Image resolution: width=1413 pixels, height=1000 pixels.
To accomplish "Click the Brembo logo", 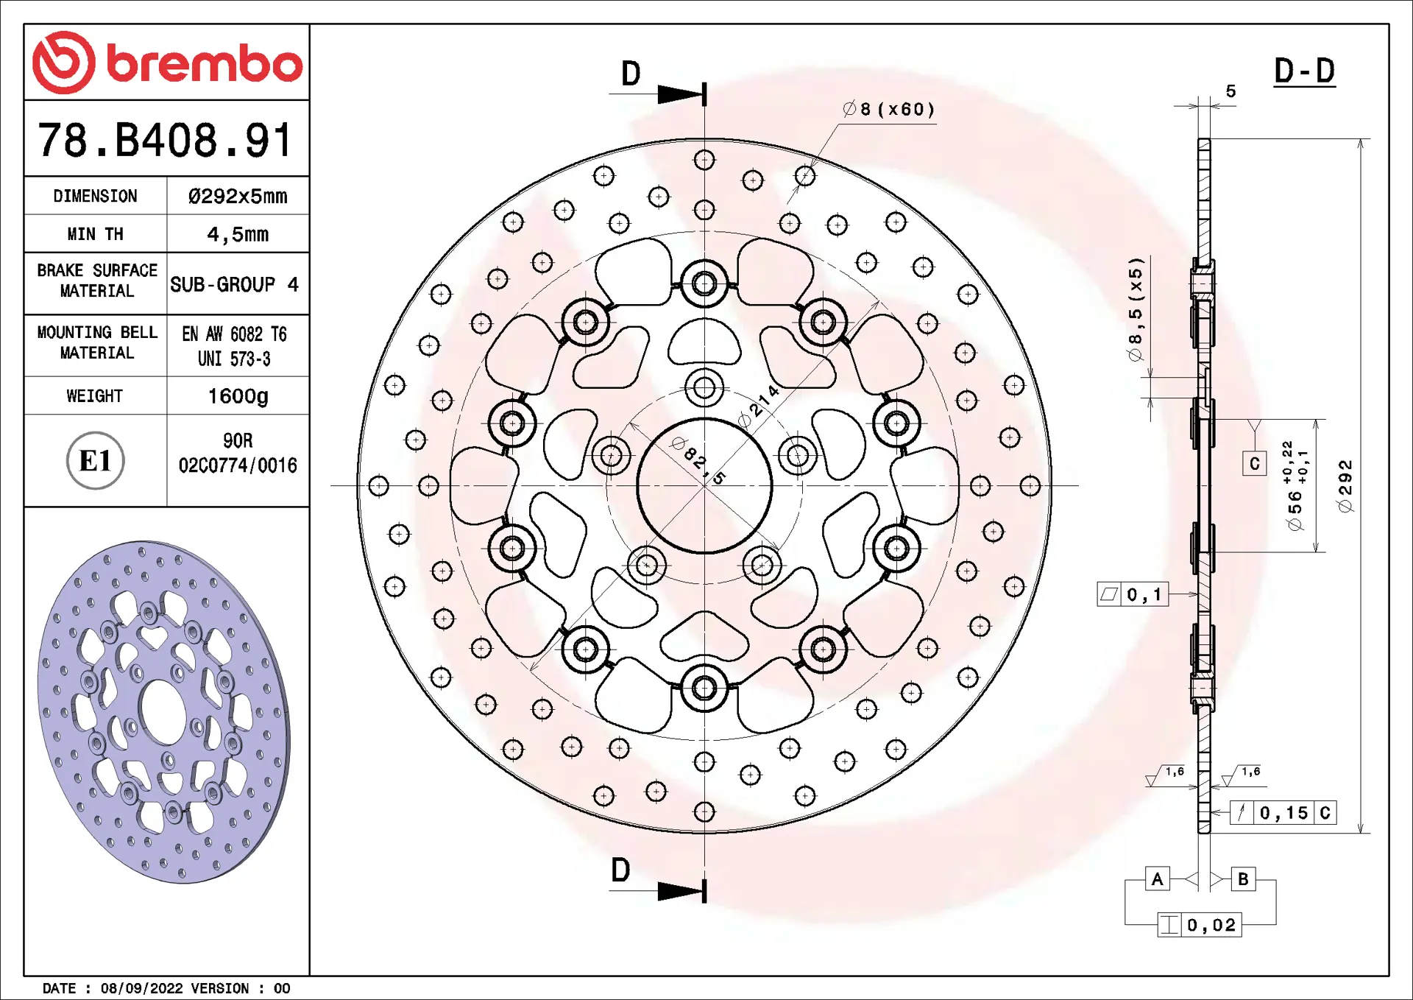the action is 167,63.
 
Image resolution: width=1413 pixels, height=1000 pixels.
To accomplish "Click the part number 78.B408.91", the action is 166,140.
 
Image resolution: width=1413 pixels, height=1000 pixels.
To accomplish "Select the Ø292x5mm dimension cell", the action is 238,196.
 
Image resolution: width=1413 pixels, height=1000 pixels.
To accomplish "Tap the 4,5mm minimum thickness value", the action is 238,234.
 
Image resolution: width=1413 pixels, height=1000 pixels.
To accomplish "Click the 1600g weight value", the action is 238,396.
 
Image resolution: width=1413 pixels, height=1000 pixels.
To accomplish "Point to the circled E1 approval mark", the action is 95,461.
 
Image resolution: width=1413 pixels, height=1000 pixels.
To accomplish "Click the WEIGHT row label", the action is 95,396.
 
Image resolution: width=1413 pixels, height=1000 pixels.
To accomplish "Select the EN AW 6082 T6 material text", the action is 234,334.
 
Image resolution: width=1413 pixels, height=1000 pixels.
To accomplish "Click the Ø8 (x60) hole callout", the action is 888,109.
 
